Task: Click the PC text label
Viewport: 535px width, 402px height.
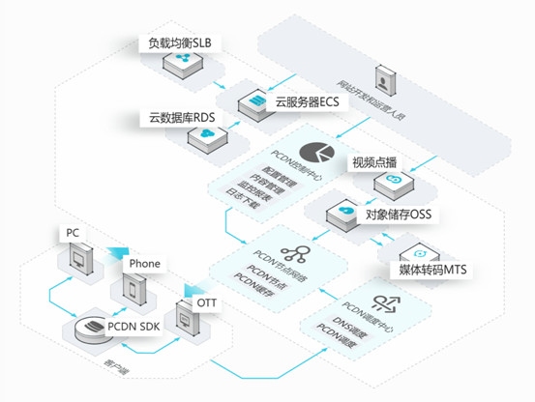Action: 72,233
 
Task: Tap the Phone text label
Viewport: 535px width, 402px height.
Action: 145,263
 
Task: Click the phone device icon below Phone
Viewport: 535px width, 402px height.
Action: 134,288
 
